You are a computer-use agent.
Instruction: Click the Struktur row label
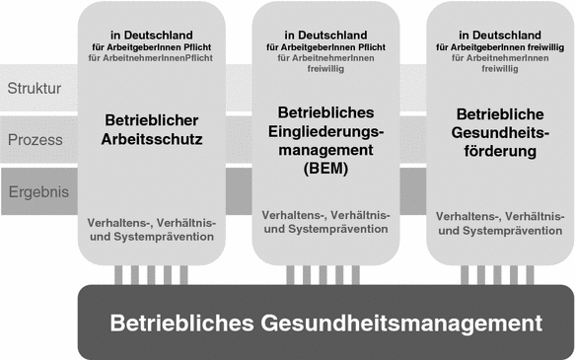[x=35, y=89]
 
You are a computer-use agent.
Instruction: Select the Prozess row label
[x=36, y=140]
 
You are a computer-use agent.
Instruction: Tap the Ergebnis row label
[x=36, y=191]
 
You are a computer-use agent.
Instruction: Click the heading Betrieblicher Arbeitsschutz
[x=153, y=130]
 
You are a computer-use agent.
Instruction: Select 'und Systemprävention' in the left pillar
[x=153, y=237]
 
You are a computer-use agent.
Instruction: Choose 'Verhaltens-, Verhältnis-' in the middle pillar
[x=325, y=214]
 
